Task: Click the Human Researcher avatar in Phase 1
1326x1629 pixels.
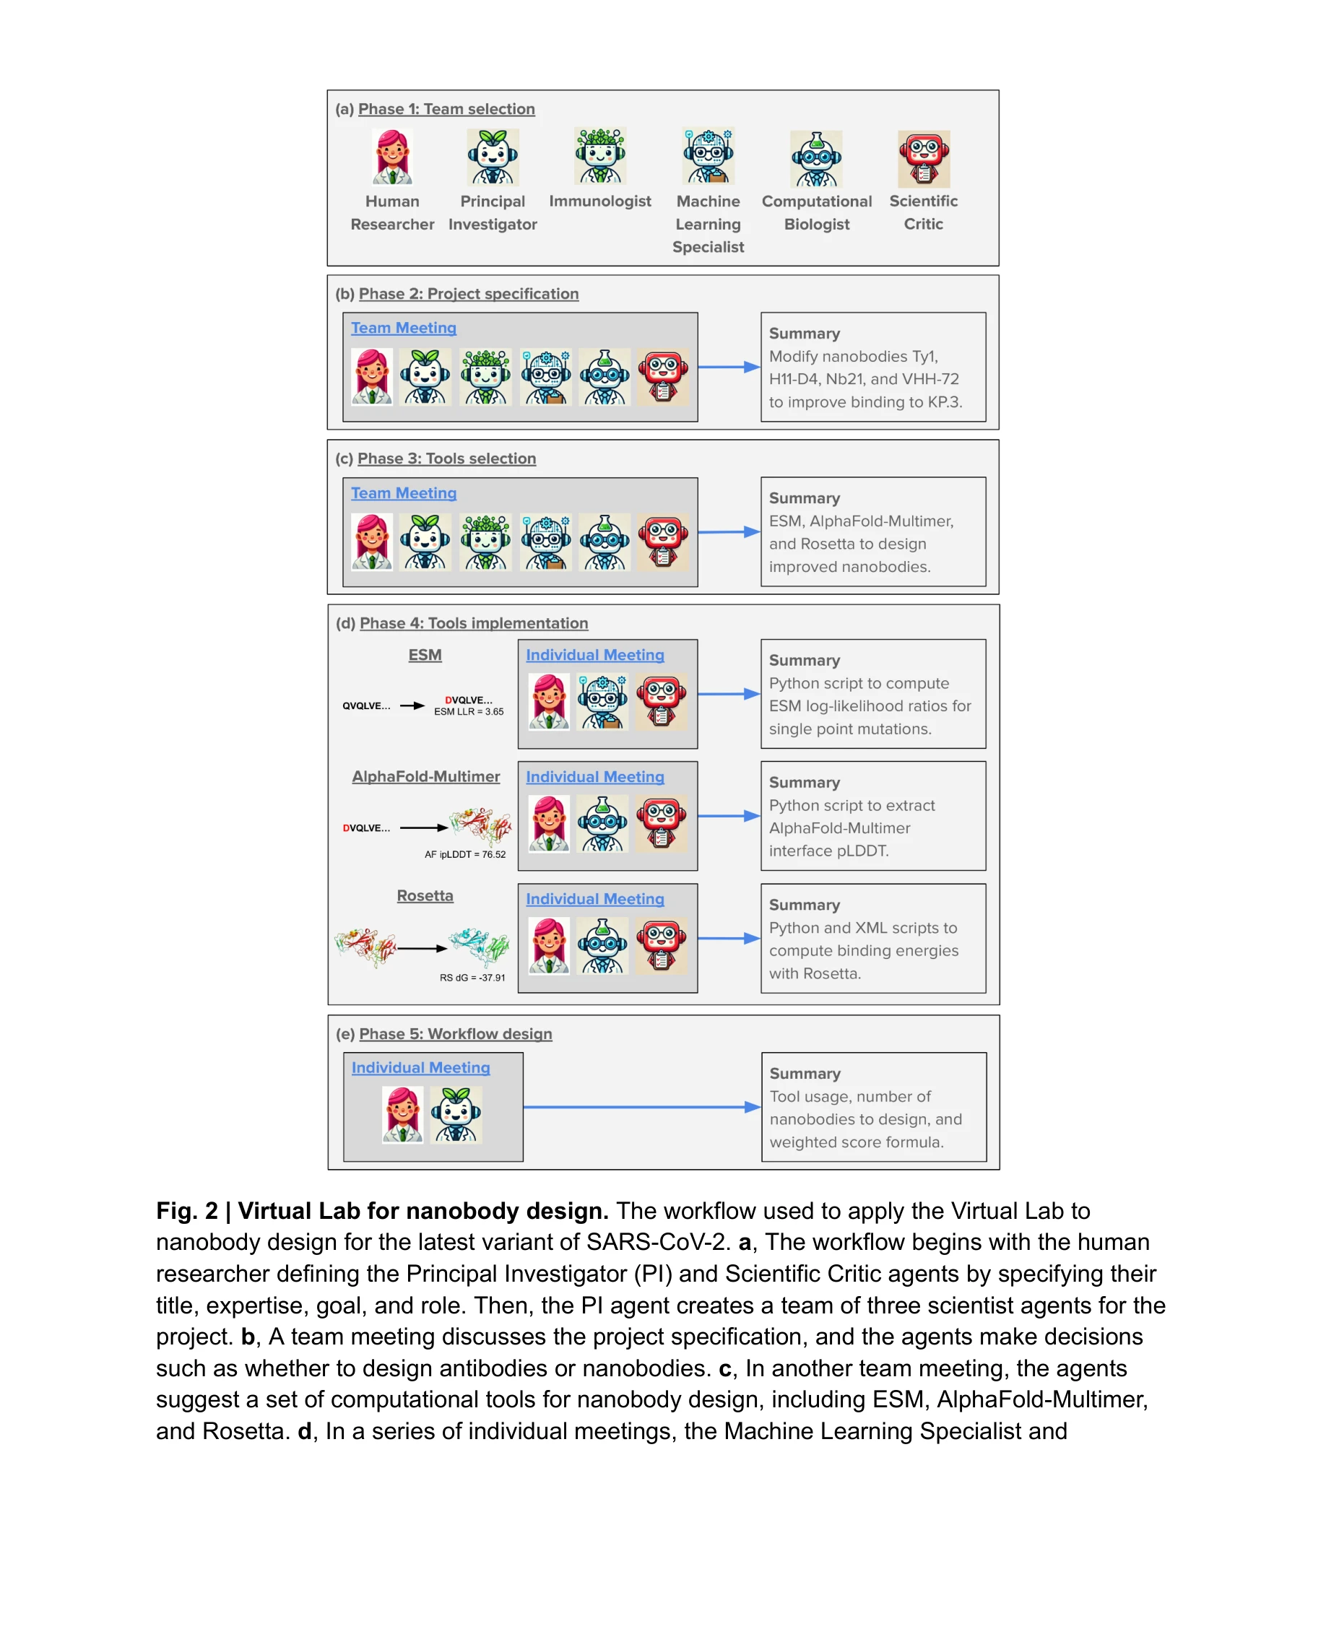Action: [x=392, y=157]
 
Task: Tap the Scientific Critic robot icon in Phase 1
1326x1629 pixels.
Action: [x=923, y=159]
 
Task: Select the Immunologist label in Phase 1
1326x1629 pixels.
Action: [x=599, y=201]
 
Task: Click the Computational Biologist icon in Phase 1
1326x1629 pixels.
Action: [x=816, y=159]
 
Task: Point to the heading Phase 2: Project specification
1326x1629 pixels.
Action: [x=468, y=294]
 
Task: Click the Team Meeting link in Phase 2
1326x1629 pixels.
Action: [x=403, y=328]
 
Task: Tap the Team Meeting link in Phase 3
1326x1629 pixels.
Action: [x=403, y=493]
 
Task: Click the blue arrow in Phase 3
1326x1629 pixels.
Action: [x=728, y=531]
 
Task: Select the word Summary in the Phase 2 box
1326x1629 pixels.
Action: [x=804, y=334]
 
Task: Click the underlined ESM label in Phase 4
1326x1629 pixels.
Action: [x=425, y=655]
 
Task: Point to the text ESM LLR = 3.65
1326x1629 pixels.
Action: [x=468, y=712]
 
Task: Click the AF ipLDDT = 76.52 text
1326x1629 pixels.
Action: [x=464, y=855]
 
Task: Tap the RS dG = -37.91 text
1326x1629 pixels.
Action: [x=472, y=978]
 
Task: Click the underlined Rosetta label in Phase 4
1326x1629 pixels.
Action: [x=425, y=896]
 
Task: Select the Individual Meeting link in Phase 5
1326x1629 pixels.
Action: [x=420, y=1068]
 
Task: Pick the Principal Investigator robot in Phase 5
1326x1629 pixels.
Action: [x=456, y=1114]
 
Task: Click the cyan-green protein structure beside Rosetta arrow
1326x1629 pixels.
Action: [x=479, y=945]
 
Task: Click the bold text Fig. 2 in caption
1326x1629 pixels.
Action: [x=186, y=1211]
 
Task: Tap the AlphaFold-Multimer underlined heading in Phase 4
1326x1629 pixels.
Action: [x=425, y=777]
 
